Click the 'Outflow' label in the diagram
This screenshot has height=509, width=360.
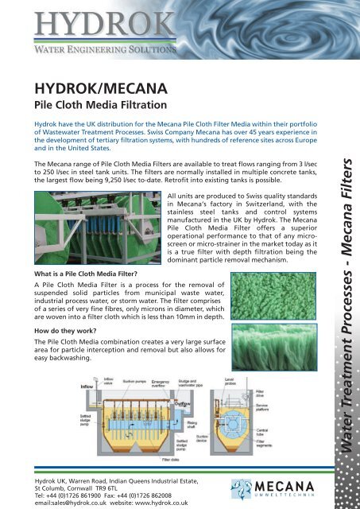point(161,405)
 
